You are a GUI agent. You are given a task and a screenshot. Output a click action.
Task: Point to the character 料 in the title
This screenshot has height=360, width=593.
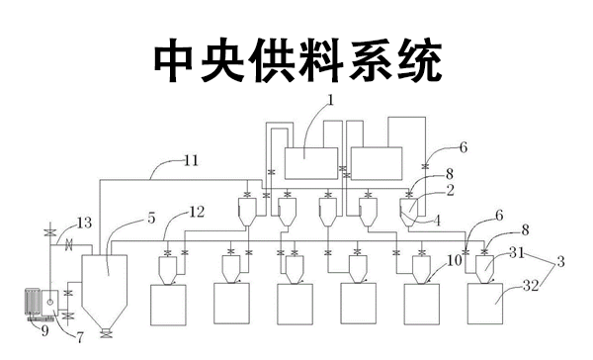click(297, 60)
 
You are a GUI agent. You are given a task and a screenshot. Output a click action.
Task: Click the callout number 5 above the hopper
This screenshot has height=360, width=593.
click(150, 218)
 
